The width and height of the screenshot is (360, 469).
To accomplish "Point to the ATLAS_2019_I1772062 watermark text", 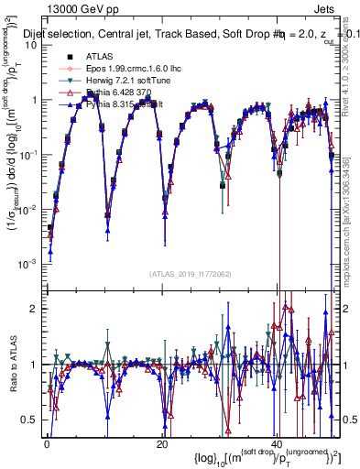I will point(189,274).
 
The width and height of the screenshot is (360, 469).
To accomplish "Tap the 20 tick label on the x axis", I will point(161,442).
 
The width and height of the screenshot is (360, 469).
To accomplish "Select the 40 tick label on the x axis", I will point(277,442).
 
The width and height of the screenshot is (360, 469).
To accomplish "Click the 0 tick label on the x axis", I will point(47,442).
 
